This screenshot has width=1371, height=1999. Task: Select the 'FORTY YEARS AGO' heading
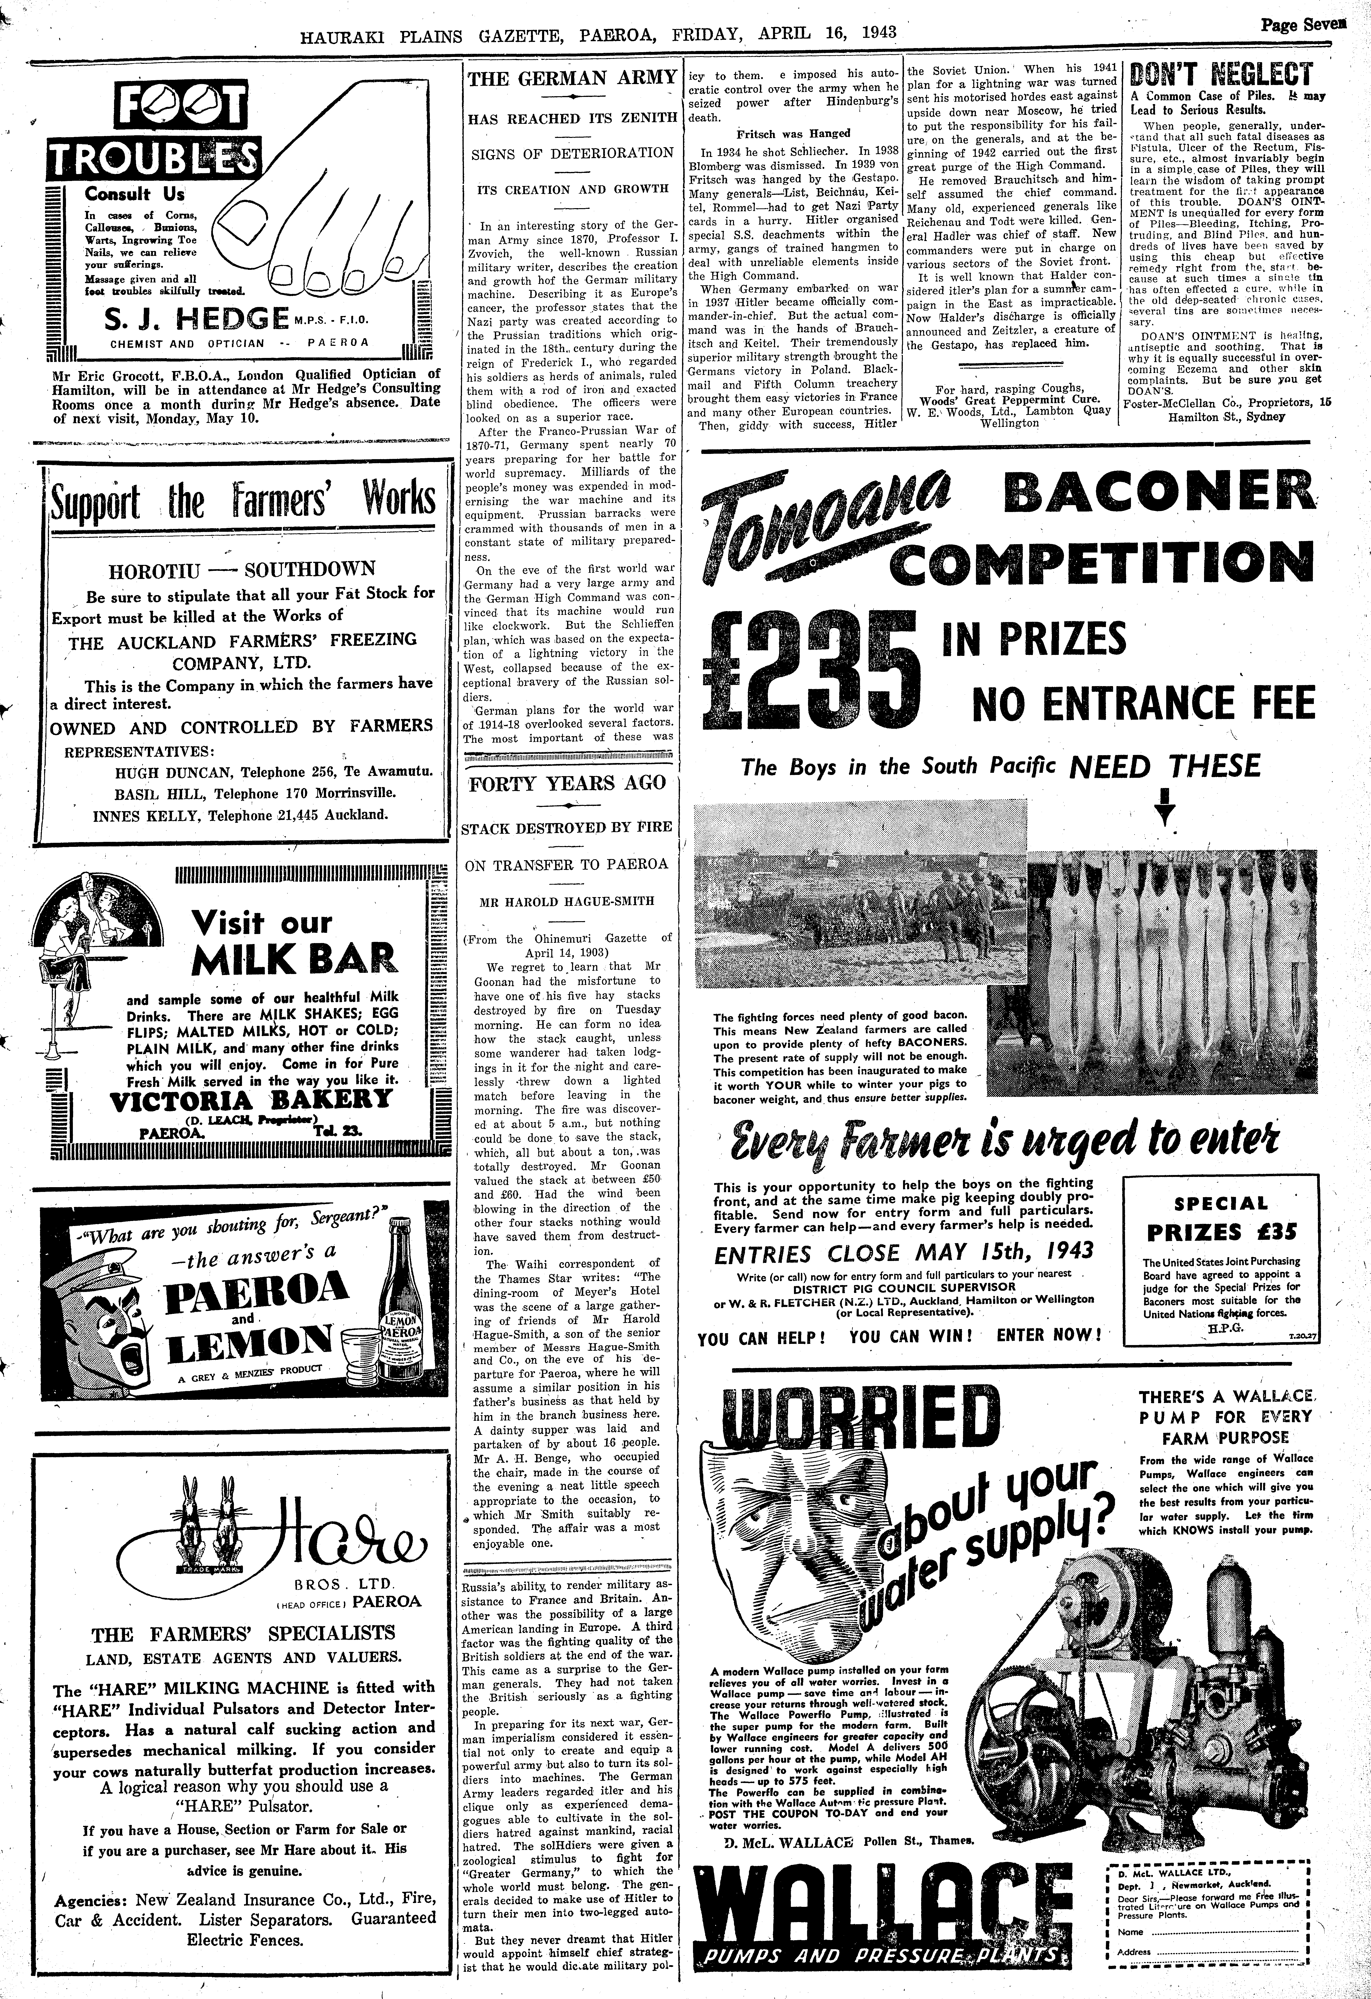tap(567, 783)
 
